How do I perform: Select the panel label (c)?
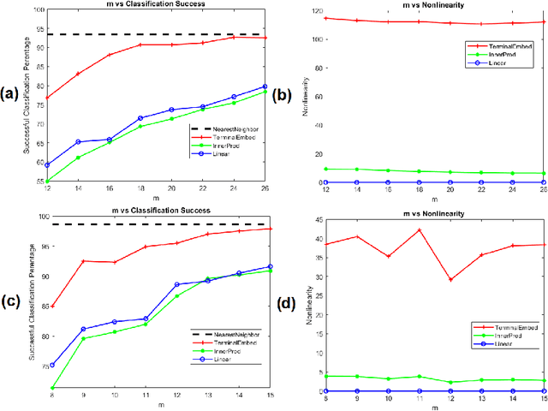coord(14,300)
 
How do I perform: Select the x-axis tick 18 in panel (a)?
coord(140,191)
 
